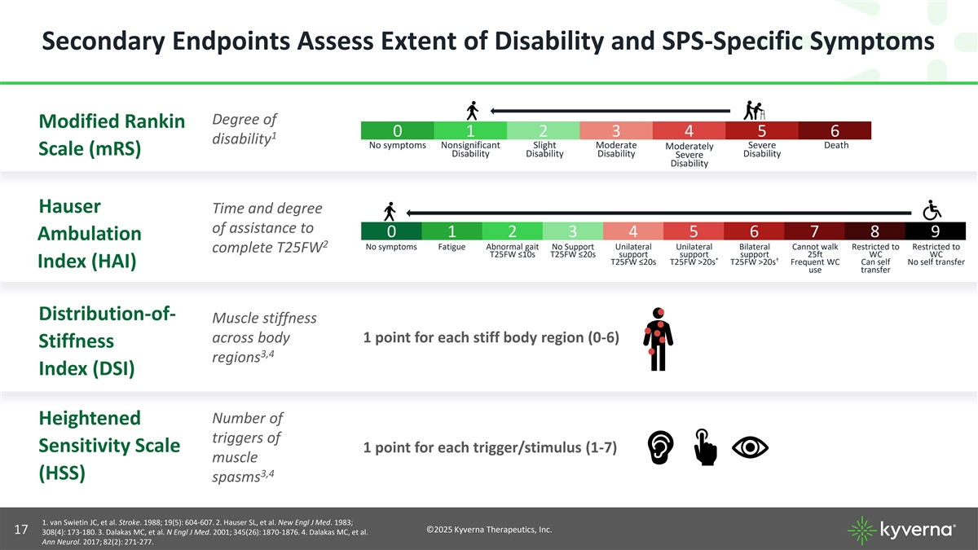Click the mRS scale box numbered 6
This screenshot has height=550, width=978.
tap(835, 131)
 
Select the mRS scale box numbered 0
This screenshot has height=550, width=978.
tap(397, 131)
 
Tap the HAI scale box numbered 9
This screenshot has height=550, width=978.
tap(935, 231)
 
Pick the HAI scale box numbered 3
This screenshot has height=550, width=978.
tap(572, 231)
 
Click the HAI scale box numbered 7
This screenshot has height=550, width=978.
tap(814, 231)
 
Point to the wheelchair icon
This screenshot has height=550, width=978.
tap(931, 209)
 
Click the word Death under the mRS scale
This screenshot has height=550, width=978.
tap(835, 146)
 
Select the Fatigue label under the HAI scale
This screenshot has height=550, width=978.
tap(452, 247)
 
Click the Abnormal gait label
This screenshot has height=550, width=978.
tap(512, 247)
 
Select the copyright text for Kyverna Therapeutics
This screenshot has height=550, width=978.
tap(489, 530)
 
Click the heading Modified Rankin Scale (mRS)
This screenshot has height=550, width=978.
tap(112, 136)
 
